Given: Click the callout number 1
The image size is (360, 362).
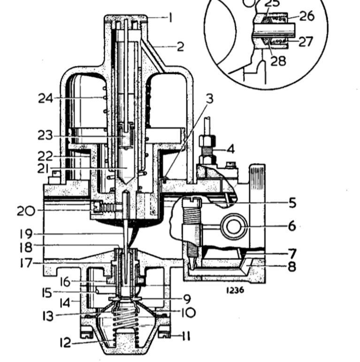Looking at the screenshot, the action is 170,18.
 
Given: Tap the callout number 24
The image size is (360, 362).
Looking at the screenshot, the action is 46,99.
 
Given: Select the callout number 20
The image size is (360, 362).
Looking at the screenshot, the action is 26,211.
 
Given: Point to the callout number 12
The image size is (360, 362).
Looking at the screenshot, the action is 65,343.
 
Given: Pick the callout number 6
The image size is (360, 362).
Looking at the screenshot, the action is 291,226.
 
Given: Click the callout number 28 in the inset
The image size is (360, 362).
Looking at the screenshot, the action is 278,61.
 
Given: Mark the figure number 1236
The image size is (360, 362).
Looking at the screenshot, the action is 235,290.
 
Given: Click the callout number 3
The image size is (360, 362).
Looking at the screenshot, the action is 209,99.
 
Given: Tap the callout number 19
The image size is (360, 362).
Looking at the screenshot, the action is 26,234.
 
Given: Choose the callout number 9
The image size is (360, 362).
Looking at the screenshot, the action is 187,299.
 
